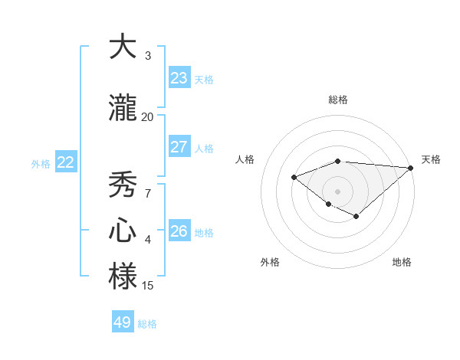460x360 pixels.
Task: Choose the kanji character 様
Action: (x=123, y=276)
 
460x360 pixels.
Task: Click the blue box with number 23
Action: (x=179, y=77)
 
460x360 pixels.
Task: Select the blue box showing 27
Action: (x=179, y=147)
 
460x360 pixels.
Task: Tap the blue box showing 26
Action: (x=179, y=231)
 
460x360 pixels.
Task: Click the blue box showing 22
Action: (x=66, y=162)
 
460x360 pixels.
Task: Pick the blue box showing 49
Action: (x=123, y=322)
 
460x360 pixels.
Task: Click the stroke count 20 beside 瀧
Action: (x=147, y=116)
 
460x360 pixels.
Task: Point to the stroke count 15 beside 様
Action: (x=148, y=286)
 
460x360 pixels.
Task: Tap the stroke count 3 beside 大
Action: (x=148, y=55)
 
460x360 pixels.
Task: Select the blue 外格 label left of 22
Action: (x=41, y=163)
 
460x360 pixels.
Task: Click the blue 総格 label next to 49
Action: (x=147, y=324)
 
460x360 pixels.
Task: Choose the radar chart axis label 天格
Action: (x=431, y=159)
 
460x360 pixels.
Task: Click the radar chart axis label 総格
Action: (x=338, y=100)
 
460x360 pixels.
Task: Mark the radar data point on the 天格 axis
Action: (x=411, y=168)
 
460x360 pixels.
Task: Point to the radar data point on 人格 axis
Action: (x=294, y=177)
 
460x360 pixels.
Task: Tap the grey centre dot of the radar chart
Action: (x=337, y=191)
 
